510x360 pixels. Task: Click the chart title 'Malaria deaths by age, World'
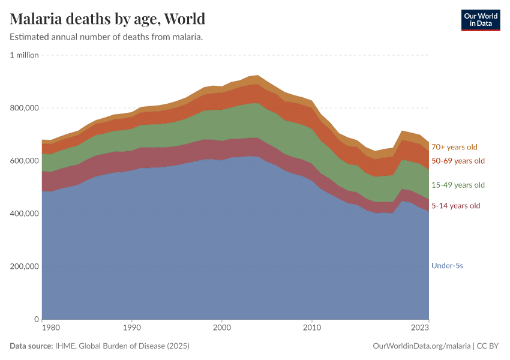107,19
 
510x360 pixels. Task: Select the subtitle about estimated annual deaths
106,37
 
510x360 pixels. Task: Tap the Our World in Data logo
480,20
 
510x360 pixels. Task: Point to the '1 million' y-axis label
25,55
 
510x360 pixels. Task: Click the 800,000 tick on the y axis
25,108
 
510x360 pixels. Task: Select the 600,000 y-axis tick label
25,161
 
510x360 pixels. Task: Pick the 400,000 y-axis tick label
25,214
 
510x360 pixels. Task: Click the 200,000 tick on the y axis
25,266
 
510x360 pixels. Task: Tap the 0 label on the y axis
36,319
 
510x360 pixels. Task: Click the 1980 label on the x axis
51,328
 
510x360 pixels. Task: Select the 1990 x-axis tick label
132,328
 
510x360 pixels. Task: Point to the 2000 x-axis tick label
222,328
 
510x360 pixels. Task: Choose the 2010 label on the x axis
311,328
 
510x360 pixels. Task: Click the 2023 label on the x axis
420,328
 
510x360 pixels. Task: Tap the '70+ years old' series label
454,147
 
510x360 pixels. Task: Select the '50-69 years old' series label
458,161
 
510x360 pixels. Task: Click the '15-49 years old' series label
458,185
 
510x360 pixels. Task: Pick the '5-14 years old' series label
456,206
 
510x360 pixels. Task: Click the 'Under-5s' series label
447,265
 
